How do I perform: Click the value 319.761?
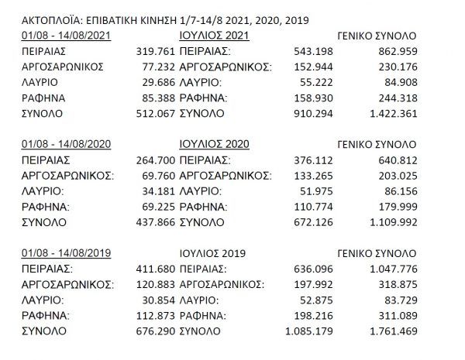(153, 50)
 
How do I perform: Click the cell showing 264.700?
(153, 159)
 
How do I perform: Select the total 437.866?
(153, 222)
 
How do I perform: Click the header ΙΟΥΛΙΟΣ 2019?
(210, 253)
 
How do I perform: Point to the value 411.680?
(153, 269)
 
